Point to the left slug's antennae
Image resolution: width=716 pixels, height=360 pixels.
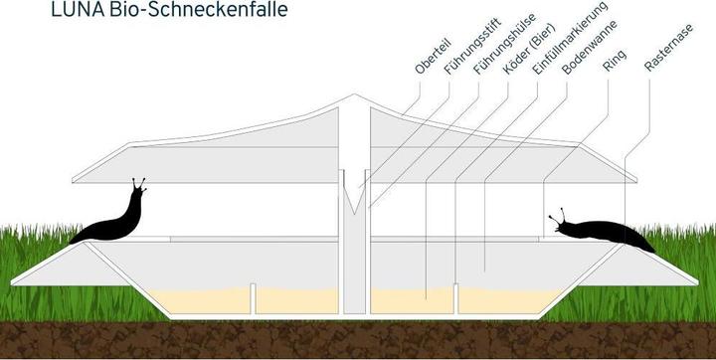(138, 184)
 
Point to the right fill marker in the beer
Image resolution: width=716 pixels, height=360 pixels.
(456, 295)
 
